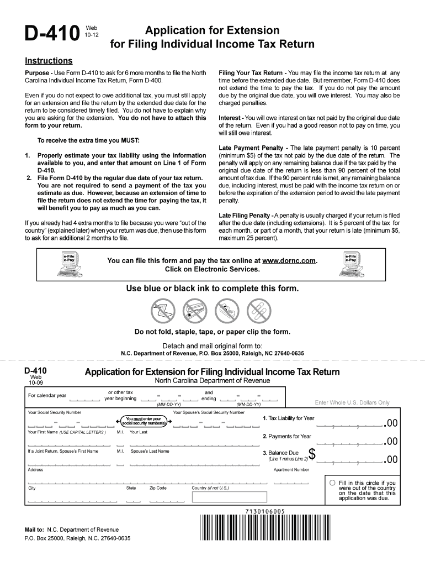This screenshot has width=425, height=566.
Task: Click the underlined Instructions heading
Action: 49,61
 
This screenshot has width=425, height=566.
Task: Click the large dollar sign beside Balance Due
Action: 312,454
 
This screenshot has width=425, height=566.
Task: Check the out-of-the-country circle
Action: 332,483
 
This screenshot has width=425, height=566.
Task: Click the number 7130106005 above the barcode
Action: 262,511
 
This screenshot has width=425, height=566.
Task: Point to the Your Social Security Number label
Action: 55,412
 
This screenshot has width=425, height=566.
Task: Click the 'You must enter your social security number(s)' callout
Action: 143,421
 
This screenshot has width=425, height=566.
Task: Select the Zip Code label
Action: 158,488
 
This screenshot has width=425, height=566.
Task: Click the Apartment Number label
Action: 291,470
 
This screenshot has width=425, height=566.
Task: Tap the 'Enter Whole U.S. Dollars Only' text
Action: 352,402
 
